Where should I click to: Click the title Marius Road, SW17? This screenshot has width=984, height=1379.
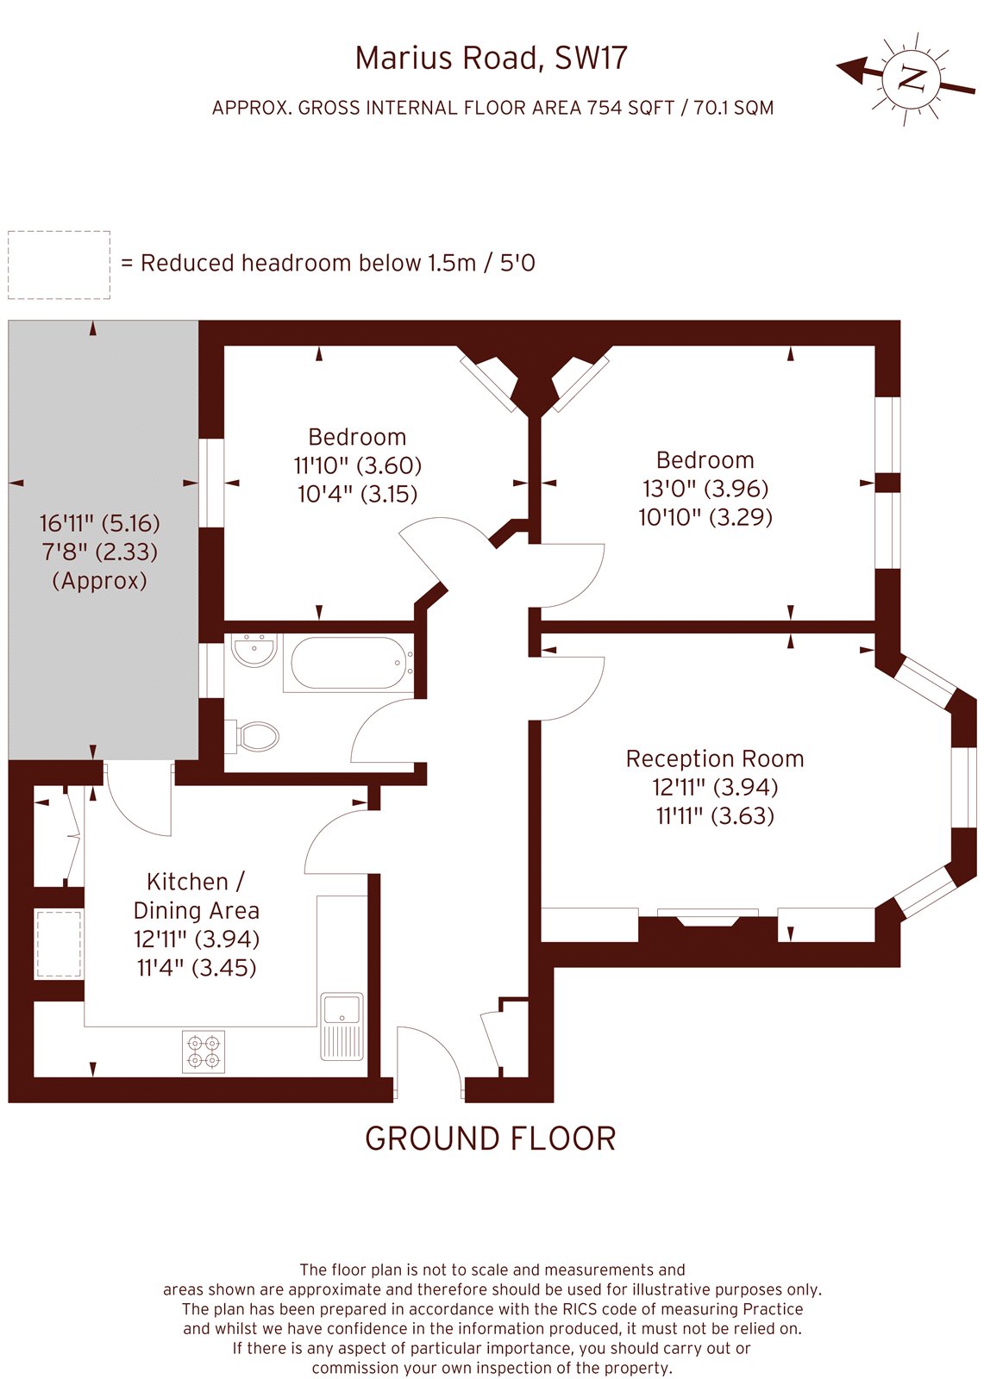click(491, 58)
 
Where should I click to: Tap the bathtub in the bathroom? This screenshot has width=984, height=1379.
click(348, 663)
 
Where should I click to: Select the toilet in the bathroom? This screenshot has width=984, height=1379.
click(255, 736)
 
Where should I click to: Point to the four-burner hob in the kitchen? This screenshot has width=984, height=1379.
click(204, 1051)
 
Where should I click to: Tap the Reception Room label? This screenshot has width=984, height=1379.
click(714, 758)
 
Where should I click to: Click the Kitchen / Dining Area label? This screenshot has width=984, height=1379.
click(196, 895)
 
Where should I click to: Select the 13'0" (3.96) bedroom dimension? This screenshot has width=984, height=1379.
click(705, 489)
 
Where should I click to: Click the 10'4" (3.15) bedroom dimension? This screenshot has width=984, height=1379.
click(357, 494)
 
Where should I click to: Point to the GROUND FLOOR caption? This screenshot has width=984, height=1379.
click(491, 1139)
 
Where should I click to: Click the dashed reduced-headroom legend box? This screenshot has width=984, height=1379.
click(59, 265)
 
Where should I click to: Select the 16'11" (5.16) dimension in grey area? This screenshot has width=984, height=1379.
click(99, 523)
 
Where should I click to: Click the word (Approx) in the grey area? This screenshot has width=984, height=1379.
click(99, 581)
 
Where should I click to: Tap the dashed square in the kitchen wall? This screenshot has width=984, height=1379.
click(58, 944)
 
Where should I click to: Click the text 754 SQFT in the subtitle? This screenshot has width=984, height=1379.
click(630, 108)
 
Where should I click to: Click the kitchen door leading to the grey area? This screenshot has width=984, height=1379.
click(138, 802)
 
